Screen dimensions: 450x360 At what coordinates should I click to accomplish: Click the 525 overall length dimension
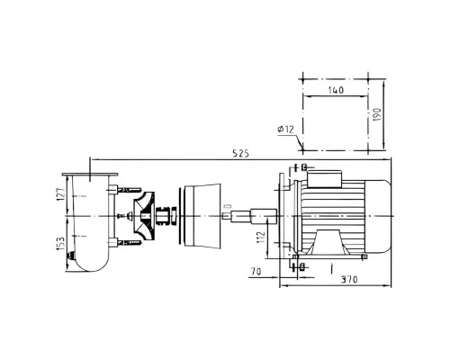point(241,154)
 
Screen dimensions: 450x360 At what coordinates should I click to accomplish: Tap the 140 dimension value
point(336,90)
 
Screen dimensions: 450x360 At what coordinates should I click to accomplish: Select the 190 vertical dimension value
point(378,114)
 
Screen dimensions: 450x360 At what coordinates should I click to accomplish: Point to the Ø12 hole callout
point(286,130)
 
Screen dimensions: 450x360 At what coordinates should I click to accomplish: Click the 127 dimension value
point(61,194)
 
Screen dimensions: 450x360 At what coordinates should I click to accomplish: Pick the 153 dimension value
point(61,244)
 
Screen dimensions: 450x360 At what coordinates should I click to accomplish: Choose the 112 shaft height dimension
point(261,237)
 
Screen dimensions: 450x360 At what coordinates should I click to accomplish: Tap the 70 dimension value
point(256,272)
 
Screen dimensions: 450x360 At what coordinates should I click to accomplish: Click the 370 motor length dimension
point(349,280)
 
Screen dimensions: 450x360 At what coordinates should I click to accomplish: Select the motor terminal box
point(325,179)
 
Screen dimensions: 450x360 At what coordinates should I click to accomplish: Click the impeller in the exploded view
point(144,216)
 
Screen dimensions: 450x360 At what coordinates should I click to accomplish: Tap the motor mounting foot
point(328,242)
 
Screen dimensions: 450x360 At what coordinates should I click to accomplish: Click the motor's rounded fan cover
point(378,216)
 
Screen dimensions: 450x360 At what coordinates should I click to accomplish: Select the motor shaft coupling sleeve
point(264,216)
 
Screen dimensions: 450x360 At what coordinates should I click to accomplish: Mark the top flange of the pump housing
point(90,175)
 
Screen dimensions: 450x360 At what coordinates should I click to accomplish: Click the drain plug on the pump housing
point(71,256)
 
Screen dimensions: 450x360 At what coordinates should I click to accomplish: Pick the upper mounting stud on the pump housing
point(130,190)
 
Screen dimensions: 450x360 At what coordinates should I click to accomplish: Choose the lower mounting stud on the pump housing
point(130,242)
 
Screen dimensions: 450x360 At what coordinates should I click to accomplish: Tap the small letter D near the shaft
point(228,206)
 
